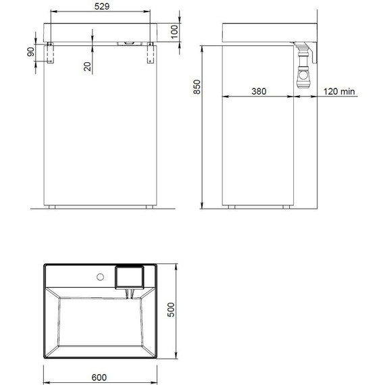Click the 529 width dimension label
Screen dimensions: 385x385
(x=103, y=6)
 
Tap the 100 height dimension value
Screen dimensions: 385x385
(x=174, y=31)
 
